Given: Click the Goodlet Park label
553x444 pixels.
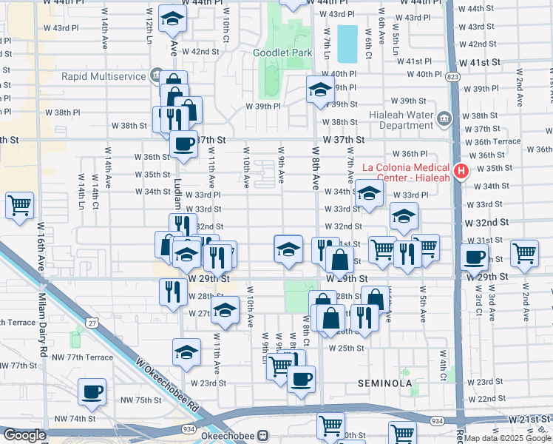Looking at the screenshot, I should point(283,53).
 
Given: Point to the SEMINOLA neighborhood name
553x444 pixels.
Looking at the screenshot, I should point(384,383).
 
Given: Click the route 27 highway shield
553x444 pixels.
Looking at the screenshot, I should point(92,323).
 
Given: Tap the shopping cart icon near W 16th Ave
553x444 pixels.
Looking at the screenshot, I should point(19,205).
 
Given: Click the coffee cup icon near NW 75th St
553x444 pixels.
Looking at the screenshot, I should point(92,391).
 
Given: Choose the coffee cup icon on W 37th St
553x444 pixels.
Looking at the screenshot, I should point(183,144).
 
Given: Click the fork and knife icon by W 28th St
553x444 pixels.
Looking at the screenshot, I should point(171,289).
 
